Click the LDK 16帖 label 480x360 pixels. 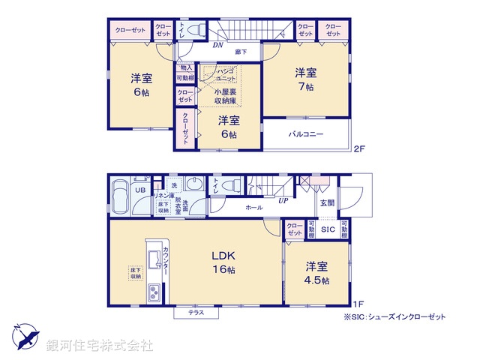[x=223, y=262]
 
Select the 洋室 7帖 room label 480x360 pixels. [x=304, y=79]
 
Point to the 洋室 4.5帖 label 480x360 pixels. [x=316, y=272]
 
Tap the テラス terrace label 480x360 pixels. [x=197, y=312]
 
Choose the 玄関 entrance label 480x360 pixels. [x=328, y=202]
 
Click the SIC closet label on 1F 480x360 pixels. [x=327, y=230]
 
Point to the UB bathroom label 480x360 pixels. [x=140, y=190]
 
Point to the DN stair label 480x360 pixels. [x=217, y=45]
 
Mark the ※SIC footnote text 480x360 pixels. [x=394, y=317]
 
